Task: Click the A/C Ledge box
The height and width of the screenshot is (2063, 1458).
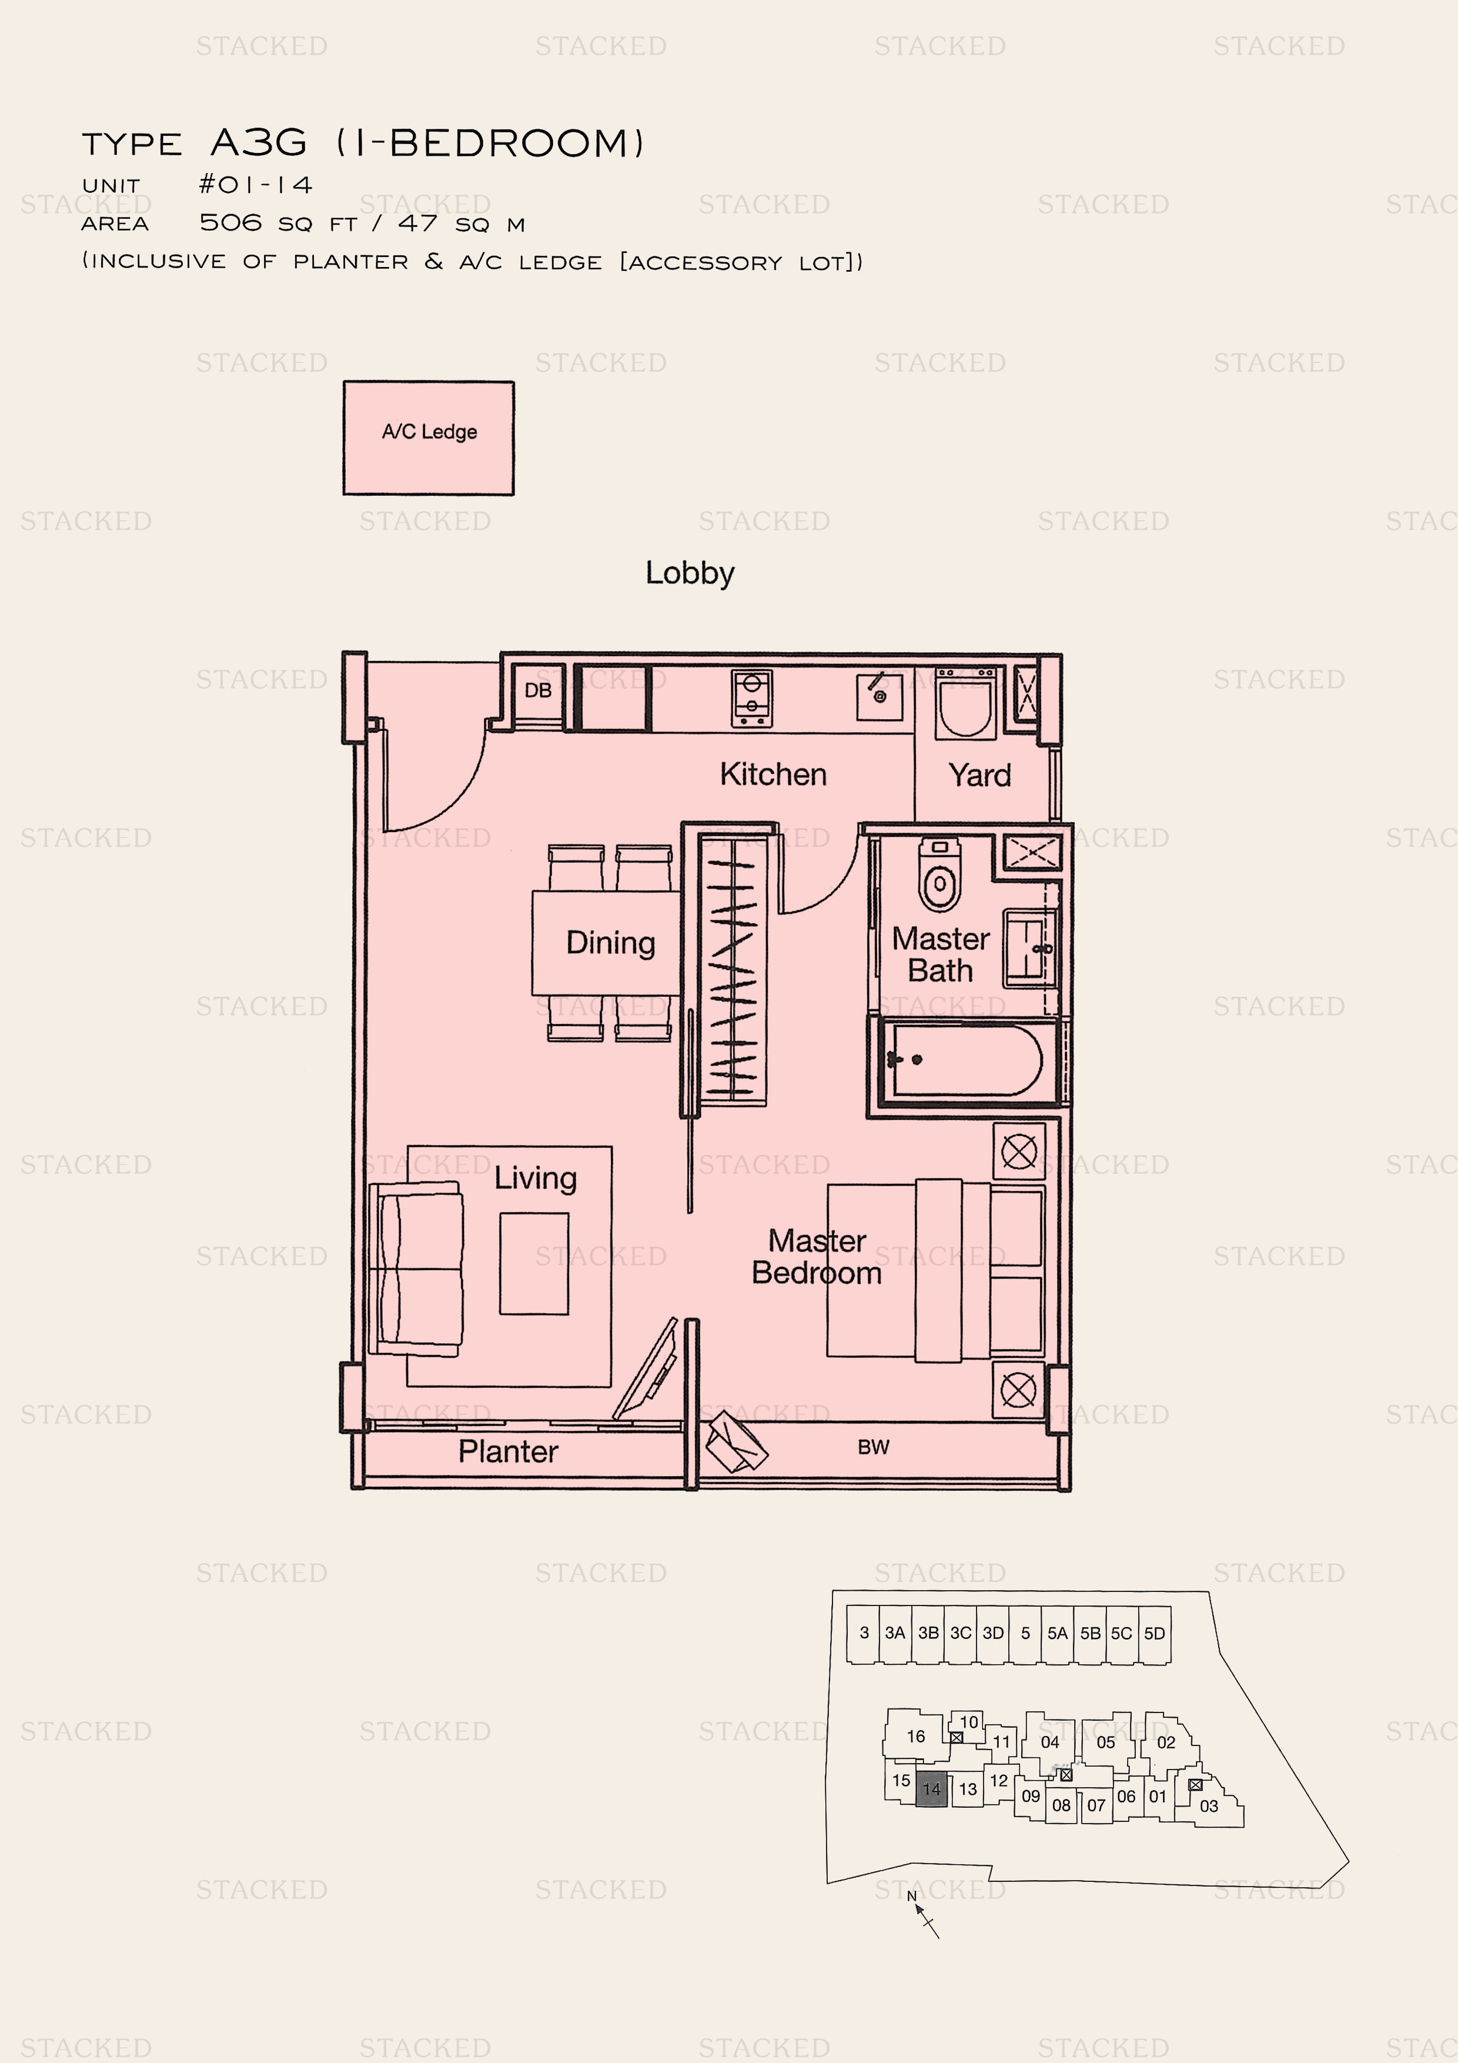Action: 429,438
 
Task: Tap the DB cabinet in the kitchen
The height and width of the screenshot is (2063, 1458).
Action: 538,696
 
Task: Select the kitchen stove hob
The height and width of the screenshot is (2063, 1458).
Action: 752,698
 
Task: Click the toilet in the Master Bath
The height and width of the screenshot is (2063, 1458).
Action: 939,874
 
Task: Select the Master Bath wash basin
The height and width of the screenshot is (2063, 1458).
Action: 1029,948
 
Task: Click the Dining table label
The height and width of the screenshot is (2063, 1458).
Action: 611,943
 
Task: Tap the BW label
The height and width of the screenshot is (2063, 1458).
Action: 873,1447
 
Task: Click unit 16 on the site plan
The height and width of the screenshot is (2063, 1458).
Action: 915,1736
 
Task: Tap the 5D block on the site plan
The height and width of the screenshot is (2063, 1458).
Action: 1155,1634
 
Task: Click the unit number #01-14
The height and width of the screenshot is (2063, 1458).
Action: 256,185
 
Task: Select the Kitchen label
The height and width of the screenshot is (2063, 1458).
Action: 773,774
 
